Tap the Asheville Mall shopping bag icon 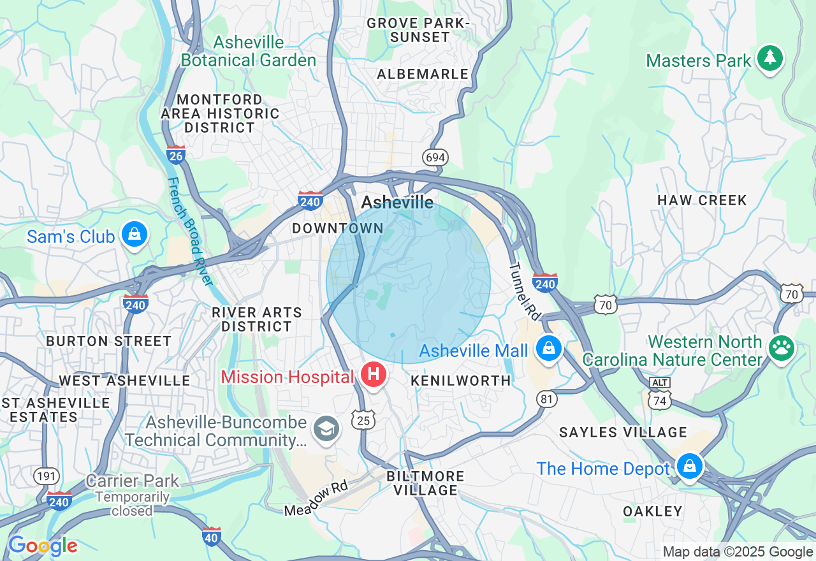coord(548,348)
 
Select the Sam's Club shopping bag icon coord(135,235)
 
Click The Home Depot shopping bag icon coord(689,467)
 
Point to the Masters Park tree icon coord(770,59)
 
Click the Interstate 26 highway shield coord(176,155)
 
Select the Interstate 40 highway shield coord(212,537)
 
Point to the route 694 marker coord(435,157)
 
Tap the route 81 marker coord(546,399)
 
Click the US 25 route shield coord(363,419)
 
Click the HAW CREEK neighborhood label coord(702,200)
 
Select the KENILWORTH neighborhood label coord(461,381)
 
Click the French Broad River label coord(189,230)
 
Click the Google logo coord(43,546)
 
